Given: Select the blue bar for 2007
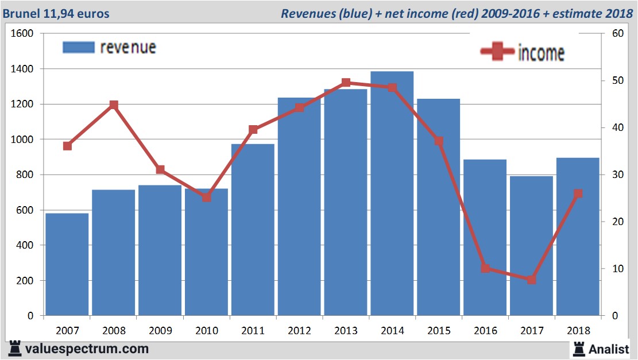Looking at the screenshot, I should [x=67, y=264].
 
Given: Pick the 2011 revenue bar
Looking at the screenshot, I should [x=253, y=230].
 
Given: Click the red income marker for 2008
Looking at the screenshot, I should [x=114, y=105].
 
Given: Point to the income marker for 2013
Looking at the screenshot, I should [x=346, y=83].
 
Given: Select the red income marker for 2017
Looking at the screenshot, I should [x=531, y=280].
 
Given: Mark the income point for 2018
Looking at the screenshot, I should [x=578, y=193].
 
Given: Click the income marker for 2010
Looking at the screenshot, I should [x=207, y=197].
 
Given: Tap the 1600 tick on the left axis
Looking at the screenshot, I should [x=23, y=34].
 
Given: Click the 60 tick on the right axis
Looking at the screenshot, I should [x=618, y=34].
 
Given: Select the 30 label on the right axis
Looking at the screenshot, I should [x=618, y=175].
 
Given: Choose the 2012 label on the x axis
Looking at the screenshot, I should [x=299, y=331].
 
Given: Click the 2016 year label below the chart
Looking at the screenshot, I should [x=485, y=331].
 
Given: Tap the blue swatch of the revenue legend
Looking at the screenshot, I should [x=78, y=47].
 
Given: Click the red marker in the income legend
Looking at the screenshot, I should [x=497, y=52].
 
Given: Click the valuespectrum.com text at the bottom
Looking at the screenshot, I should [x=87, y=349].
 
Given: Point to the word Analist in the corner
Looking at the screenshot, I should [x=609, y=349].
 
